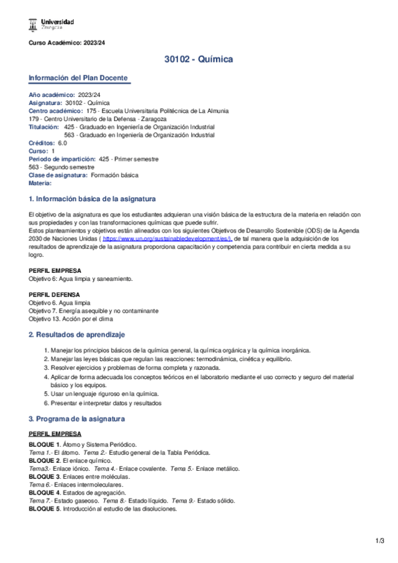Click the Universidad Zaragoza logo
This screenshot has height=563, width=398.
tap(51, 25)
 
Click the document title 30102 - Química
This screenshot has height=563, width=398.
tap(198, 60)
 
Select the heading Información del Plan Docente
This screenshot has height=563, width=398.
tap(78, 78)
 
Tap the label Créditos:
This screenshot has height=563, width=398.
tap(42, 143)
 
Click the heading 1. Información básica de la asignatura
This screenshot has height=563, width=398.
tap(92, 199)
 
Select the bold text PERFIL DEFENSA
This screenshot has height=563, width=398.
tap(54, 294)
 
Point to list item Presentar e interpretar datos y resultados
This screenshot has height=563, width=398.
tap(106, 402)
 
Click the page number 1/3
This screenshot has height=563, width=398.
tap(379, 541)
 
